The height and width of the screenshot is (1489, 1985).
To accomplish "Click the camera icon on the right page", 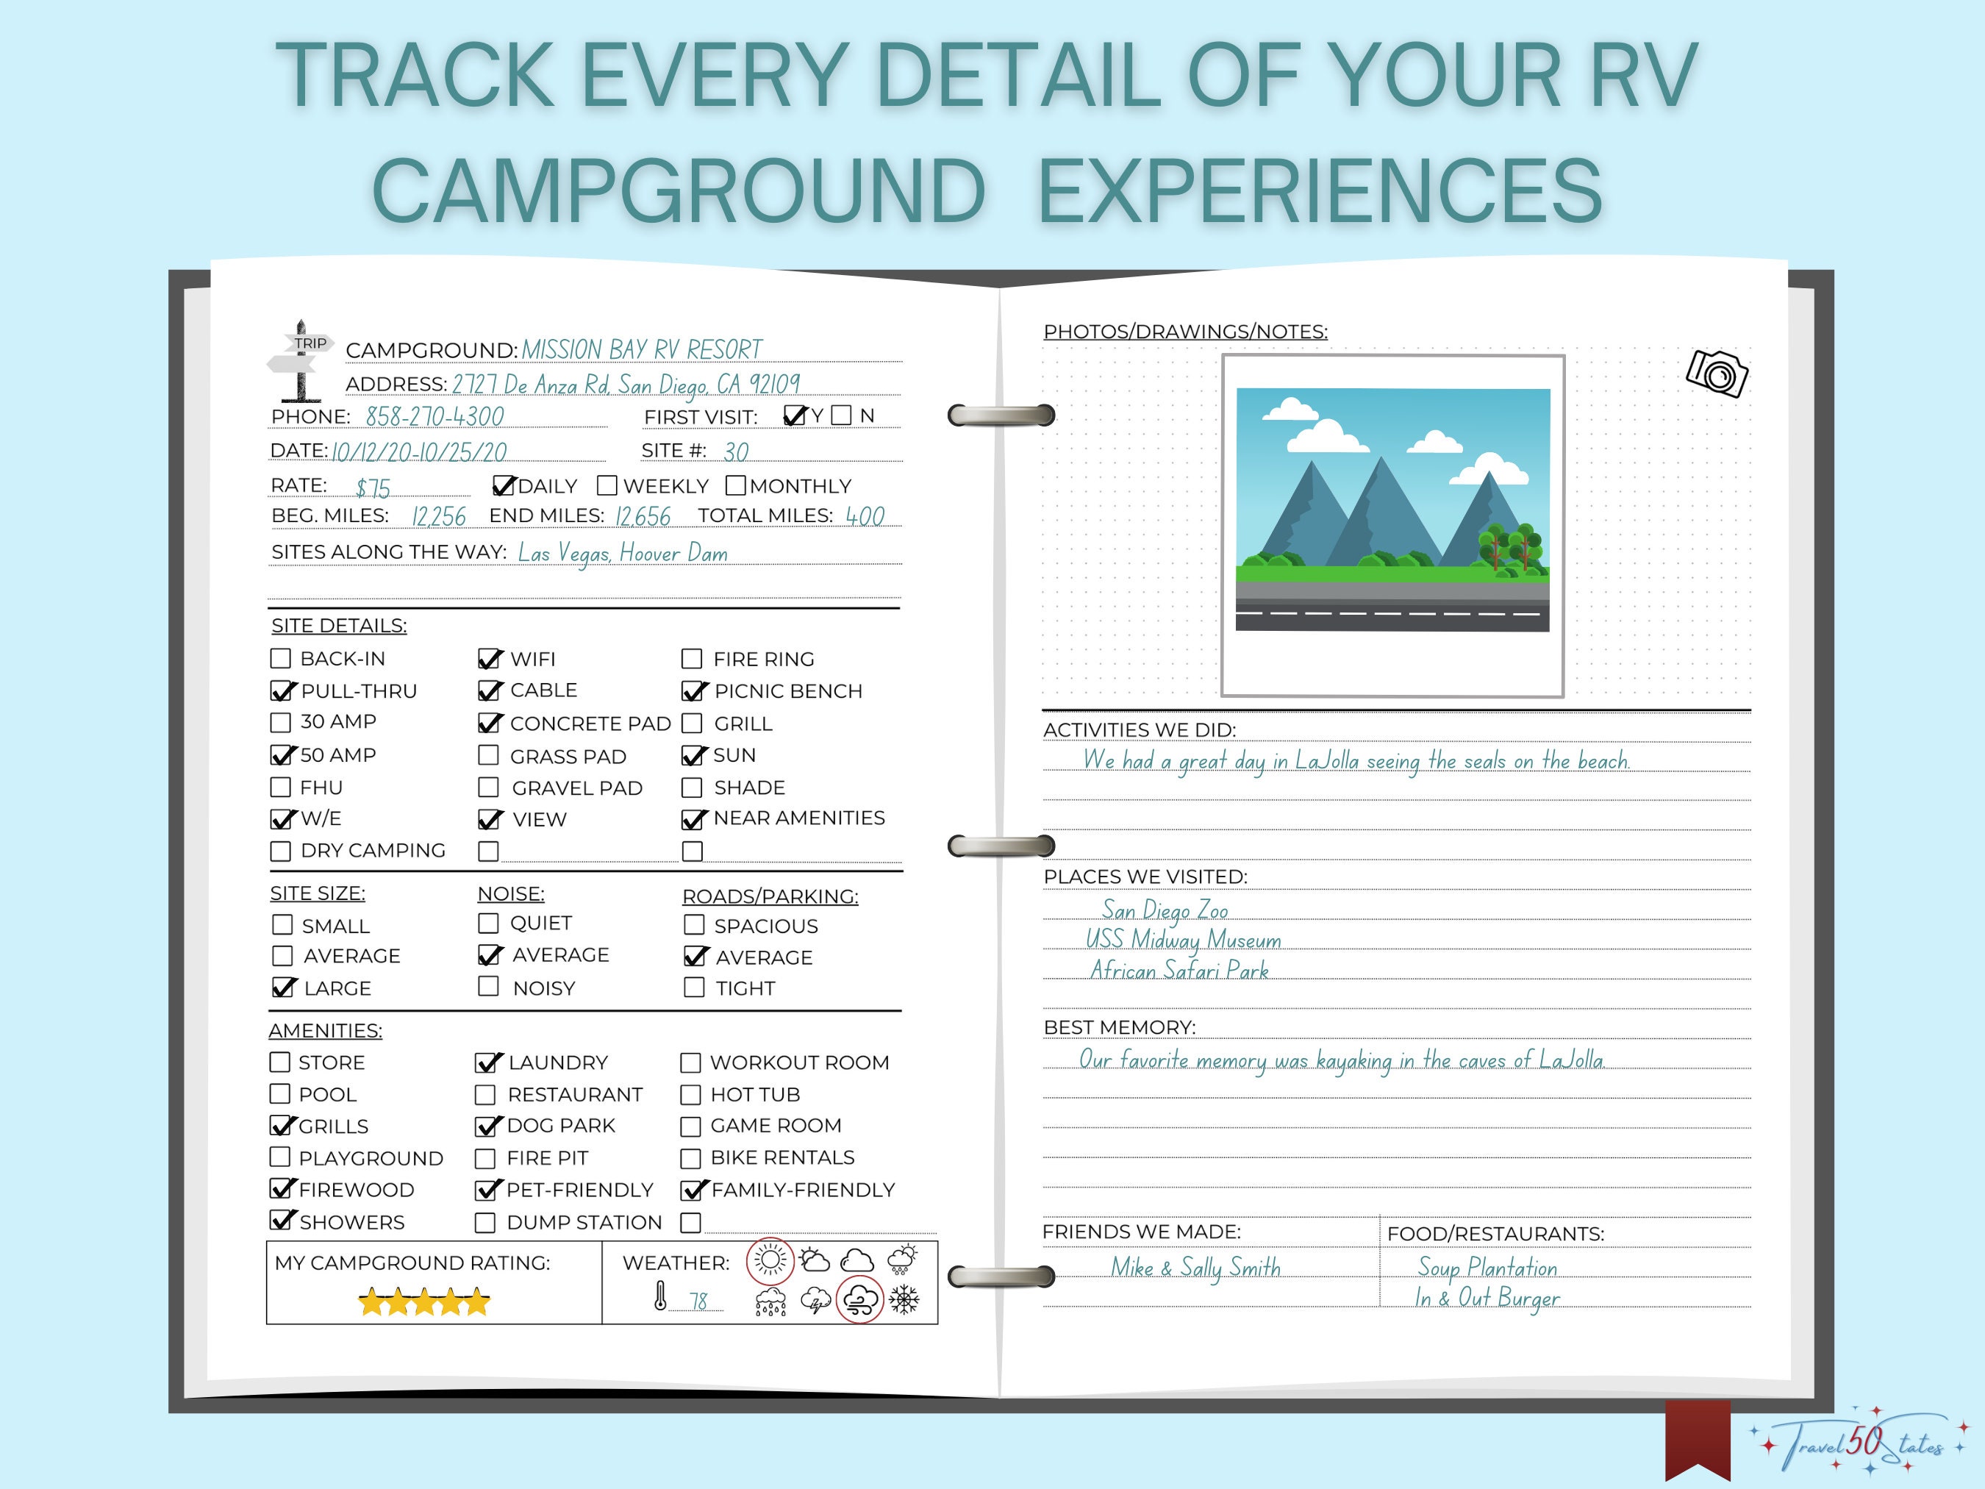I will (x=1717, y=373).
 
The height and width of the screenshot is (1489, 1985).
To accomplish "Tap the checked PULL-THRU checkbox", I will (x=282, y=691).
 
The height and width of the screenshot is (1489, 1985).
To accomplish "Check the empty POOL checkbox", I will (x=280, y=1094).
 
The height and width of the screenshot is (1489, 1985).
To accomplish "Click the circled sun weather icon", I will (x=770, y=1261).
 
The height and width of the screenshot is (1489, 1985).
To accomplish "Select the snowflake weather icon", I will (x=904, y=1299).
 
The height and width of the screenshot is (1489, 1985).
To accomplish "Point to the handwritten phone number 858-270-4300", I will (x=434, y=418).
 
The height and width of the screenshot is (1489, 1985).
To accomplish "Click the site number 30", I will (x=736, y=451).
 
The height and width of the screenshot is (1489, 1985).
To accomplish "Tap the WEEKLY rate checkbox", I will (x=607, y=485).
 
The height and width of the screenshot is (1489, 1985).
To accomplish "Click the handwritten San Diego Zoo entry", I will (x=1165, y=910).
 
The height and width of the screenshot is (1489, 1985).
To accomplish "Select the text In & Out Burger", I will (x=1487, y=1298).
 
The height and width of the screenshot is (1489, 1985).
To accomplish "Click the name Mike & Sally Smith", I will (x=1195, y=1268).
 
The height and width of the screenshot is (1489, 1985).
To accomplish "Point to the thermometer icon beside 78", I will (x=660, y=1296).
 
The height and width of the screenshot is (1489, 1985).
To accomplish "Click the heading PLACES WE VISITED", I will (x=1145, y=877).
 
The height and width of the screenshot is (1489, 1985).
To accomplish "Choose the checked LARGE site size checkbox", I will (x=282, y=988).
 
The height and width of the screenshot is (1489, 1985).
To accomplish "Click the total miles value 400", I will (x=864, y=516).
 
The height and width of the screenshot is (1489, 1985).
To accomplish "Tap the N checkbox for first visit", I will (x=841, y=415).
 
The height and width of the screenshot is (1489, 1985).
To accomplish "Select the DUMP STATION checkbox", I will (x=484, y=1222).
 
